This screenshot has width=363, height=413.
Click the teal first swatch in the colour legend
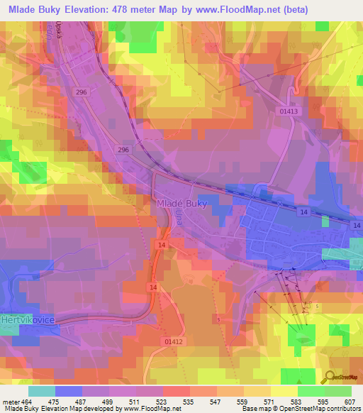(x=41, y=391)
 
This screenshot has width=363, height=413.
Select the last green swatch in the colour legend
(x=337, y=391)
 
